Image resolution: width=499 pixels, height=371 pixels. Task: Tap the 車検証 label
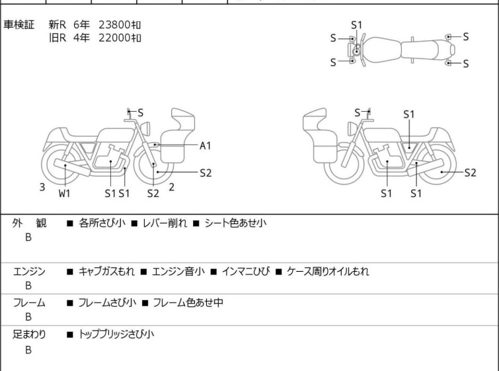click(19, 24)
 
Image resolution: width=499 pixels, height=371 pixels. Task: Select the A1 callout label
click(206, 146)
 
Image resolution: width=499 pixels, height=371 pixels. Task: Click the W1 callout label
click(64, 193)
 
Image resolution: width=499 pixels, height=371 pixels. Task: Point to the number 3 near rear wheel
click(42, 187)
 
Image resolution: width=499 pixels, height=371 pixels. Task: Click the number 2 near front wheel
click(172, 187)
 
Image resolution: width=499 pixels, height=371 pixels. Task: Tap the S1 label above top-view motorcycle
click(356, 25)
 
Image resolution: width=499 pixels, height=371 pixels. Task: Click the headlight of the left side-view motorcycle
click(145, 128)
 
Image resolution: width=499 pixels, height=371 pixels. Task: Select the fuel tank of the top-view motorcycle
click(381, 50)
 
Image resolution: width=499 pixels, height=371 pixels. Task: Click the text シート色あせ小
click(235, 223)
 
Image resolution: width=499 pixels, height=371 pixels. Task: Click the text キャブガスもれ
click(106, 272)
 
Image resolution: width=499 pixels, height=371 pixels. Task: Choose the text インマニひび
click(246, 272)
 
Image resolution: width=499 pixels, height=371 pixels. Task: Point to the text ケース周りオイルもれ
click(328, 272)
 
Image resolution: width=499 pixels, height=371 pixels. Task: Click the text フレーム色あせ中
click(188, 302)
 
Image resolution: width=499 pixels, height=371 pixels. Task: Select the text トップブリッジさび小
click(116, 335)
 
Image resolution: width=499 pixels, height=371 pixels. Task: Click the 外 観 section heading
click(29, 224)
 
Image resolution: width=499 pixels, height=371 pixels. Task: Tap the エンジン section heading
click(29, 272)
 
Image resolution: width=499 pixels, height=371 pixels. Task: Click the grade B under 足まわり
click(28, 350)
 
